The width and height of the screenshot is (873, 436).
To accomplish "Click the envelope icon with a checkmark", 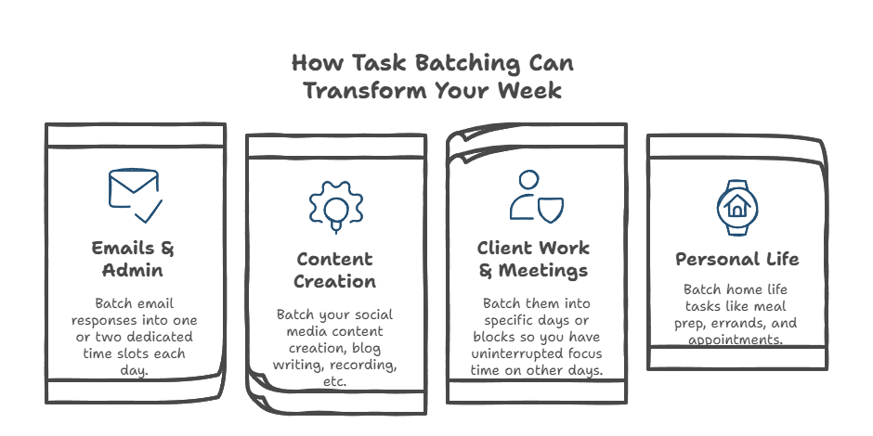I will pos(135,194).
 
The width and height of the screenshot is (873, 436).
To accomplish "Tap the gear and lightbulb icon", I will pos(334,203).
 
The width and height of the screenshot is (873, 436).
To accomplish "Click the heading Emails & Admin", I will pos(134,259).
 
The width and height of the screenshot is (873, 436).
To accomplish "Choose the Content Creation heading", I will pos(334,269).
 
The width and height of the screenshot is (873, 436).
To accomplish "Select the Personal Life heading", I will pos(736,259).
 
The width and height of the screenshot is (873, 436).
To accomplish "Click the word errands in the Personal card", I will pos(752,324).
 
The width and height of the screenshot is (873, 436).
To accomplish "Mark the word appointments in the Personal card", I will pos(736,340).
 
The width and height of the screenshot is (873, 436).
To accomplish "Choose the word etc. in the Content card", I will pos(334,381).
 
